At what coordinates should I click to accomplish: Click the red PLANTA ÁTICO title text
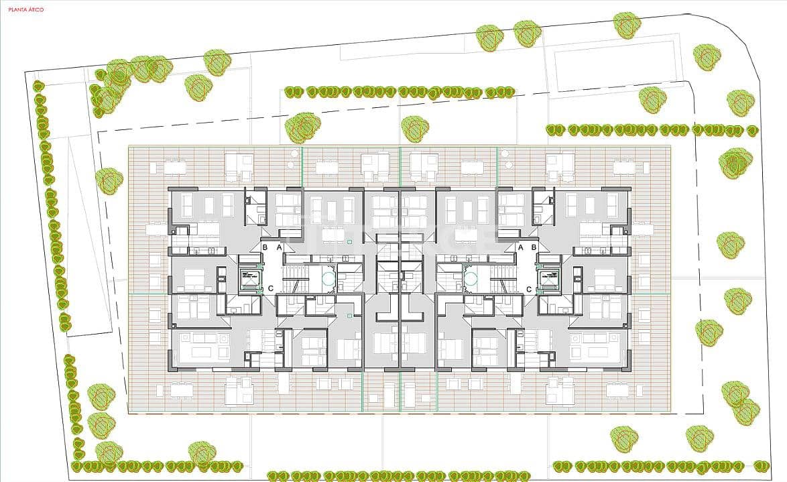(25, 10)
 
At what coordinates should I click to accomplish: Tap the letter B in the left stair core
(265, 247)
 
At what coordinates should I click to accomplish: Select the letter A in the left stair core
(280, 247)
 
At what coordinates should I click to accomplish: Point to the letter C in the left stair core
(270, 289)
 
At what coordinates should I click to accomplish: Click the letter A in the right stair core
(520, 247)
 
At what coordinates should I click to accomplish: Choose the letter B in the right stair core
(534, 247)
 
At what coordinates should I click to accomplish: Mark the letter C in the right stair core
(529, 289)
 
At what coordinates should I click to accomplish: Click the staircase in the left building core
(294, 278)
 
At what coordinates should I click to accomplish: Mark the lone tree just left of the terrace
(109, 180)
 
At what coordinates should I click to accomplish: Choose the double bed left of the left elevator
(194, 278)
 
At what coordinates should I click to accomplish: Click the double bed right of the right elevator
(605, 278)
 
